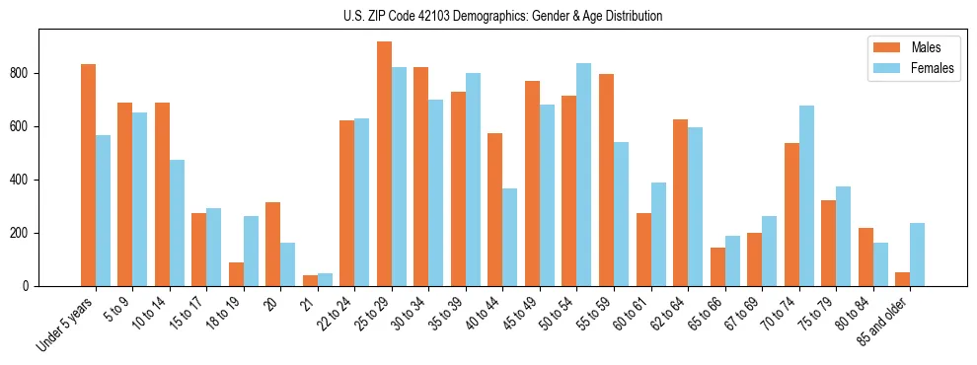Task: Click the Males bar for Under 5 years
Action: click(x=88, y=175)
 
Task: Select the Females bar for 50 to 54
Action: click(x=583, y=175)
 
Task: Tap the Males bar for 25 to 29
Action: click(x=384, y=164)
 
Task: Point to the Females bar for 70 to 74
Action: click(x=806, y=195)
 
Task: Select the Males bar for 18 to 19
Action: click(x=236, y=274)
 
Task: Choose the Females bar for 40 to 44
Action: click(x=510, y=237)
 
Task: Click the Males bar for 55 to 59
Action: click(x=606, y=180)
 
